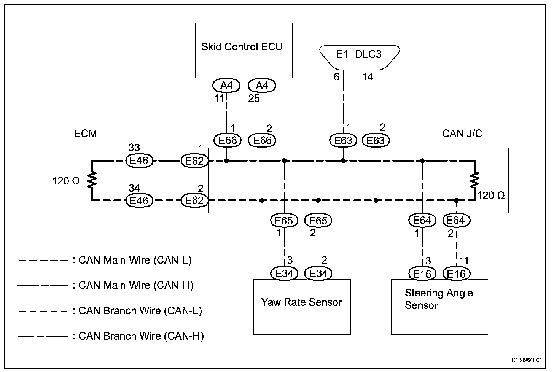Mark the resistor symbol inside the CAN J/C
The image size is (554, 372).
coord(475,180)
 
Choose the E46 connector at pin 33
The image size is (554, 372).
coord(139,161)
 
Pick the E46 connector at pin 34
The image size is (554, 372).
coord(139,200)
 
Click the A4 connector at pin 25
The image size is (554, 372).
coord(262,86)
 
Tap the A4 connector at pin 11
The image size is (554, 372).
coord(226,86)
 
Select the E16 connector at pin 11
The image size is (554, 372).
coord(457,273)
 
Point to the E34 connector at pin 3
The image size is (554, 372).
coord(284,273)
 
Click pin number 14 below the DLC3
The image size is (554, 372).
coord(368,77)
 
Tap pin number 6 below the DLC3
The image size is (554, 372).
coord(336,77)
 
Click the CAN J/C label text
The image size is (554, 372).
coord(462,134)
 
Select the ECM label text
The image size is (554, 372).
coord(85,134)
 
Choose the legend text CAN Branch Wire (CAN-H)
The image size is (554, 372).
coord(141,336)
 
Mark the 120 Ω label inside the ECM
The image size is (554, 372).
coord(66,181)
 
